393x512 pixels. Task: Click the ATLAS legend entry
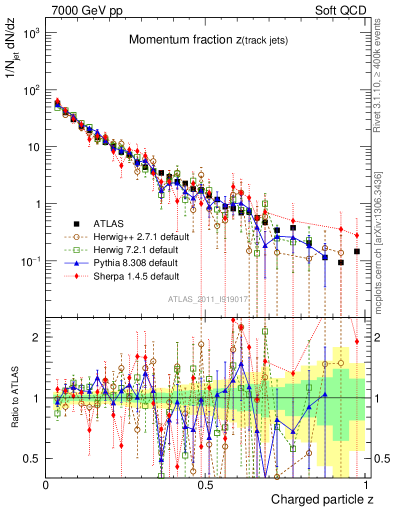click(x=107, y=223)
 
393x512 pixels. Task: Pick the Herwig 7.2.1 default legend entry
click(x=132, y=249)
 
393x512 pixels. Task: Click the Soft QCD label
click(x=340, y=10)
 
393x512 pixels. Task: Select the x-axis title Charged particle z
click(x=322, y=499)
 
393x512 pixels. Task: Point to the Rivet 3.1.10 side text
click(x=378, y=75)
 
